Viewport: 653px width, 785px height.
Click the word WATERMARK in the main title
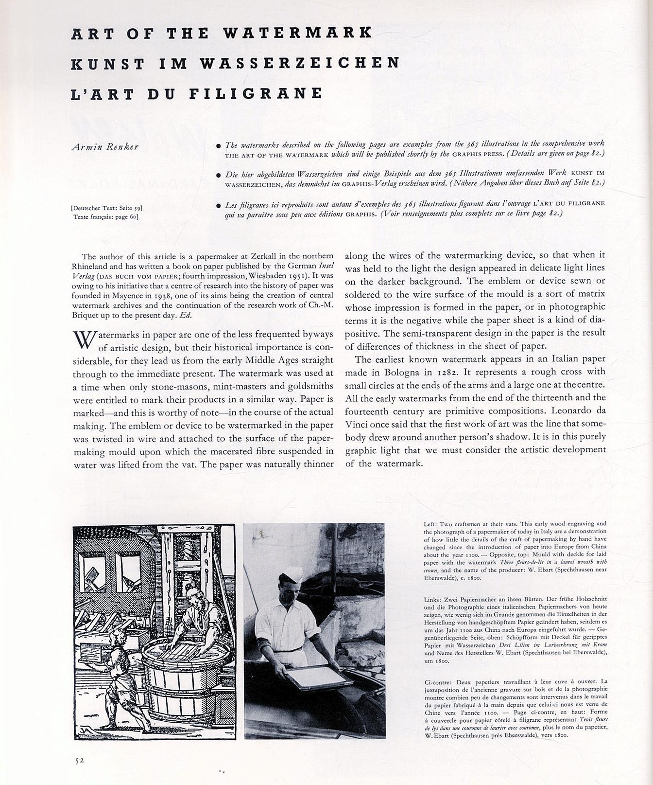pyautogui.click(x=297, y=33)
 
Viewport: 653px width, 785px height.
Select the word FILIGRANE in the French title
pyautogui.click(x=256, y=93)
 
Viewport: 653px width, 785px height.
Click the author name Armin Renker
pyautogui.click(x=104, y=147)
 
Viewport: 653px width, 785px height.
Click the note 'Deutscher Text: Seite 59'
pyautogui.click(x=106, y=209)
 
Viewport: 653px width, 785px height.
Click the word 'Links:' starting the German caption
pyautogui.click(x=432, y=601)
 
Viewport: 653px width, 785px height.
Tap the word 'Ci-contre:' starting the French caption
pyautogui.click(x=435, y=681)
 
